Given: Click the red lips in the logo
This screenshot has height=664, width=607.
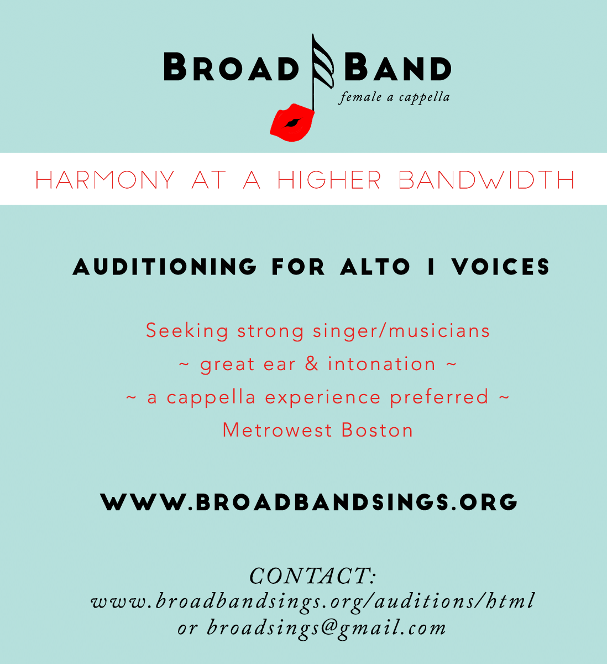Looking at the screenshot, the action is [x=292, y=122].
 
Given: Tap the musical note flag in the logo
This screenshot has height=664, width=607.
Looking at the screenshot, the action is [x=322, y=62].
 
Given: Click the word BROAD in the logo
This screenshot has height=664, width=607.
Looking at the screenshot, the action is [x=231, y=66].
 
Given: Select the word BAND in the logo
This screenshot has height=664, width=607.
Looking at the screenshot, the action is [x=397, y=66].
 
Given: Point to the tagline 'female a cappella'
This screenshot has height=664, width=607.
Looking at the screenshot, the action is [x=394, y=97].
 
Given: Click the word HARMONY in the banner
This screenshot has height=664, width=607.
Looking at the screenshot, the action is [x=104, y=180].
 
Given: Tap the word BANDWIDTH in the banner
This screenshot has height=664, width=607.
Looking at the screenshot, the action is [x=486, y=180].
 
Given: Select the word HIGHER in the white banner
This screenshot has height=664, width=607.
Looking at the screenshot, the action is [x=329, y=180].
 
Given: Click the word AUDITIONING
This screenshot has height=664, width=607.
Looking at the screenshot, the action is [x=164, y=267].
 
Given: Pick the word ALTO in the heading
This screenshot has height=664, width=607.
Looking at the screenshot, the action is [x=375, y=267].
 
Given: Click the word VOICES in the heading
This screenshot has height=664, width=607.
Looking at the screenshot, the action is [x=501, y=267].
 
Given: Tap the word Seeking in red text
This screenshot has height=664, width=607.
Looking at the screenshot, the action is [x=187, y=331].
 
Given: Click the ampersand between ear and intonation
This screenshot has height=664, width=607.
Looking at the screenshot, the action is [x=312, y=364].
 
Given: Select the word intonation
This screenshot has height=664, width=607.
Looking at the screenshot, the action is [x=382, y=364].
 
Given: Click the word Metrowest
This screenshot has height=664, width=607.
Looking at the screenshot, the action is [x=277, y=430].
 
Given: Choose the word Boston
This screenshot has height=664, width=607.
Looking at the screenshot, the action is [x=377, y=430].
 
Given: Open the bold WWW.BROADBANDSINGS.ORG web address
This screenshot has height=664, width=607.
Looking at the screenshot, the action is [x=309, y=502].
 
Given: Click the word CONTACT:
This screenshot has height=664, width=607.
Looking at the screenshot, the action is [x=312, y=575].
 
